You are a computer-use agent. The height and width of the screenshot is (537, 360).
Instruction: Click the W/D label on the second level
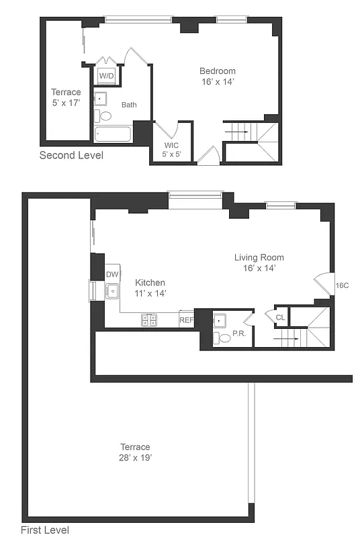click(106, 76)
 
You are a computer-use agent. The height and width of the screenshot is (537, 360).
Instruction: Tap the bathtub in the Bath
click(112, 134)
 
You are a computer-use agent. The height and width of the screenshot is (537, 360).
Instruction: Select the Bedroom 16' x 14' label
click(217, 77)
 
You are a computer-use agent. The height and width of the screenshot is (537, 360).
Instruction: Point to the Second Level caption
click(71, 156)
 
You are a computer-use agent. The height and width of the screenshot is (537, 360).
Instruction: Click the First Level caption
click(44, 530)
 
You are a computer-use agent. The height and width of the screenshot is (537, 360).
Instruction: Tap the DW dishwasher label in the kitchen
click(112, 275)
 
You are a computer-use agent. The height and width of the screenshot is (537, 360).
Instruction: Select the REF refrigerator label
click(186, 320)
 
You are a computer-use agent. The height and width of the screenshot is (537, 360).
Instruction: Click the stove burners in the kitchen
click(149, 320)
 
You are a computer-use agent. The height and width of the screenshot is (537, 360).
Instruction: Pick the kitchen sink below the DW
click(112, 291)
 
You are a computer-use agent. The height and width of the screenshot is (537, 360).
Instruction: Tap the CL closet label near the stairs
click(280, 317)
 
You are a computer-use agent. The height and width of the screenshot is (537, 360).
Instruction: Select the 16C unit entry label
click(342, 285)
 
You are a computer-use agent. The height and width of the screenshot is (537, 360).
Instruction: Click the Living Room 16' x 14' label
click(259, 262)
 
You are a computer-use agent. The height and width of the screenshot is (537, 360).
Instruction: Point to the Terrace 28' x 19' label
click(135, 452)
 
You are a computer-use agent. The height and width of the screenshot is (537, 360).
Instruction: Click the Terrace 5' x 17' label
click(66, 97)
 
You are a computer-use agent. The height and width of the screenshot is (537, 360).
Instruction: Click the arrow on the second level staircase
click(240, 132)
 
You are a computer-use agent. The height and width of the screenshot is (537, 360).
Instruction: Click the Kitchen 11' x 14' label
click(150, 288)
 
